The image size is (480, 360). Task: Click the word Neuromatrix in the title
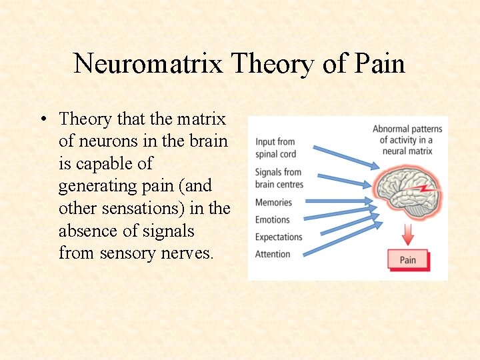149,64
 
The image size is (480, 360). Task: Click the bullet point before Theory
43,120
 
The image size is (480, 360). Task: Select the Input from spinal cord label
275,148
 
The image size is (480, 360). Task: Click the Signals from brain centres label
279,178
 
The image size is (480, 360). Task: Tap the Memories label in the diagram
273,203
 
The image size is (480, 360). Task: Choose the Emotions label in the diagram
272,220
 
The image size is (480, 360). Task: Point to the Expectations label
279,237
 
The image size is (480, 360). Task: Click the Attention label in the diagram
273,254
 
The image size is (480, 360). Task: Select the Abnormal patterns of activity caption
407,140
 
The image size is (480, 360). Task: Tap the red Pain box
408,260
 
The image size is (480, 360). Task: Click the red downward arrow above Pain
408,234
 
